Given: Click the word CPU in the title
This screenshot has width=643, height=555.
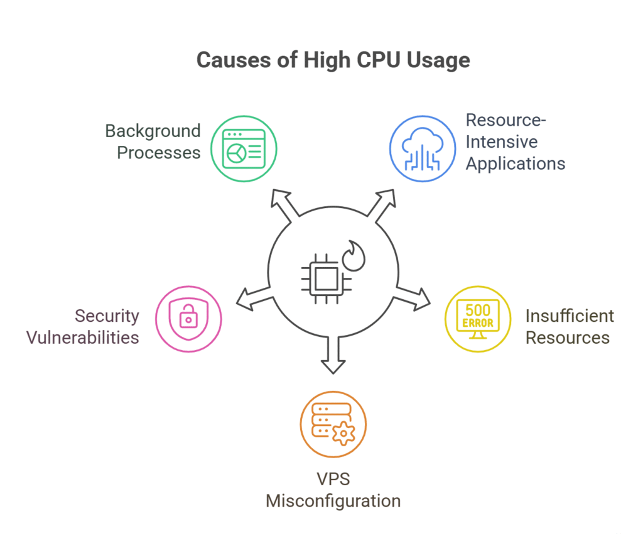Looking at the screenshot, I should (372, 60).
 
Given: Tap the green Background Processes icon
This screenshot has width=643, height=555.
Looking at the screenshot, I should (243, 149).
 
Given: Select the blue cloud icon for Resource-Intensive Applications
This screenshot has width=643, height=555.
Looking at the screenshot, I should (423, 149).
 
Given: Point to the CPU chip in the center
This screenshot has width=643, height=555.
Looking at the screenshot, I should (321, 277).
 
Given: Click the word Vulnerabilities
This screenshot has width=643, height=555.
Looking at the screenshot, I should (82, 338).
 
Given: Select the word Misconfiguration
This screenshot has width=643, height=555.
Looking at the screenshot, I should (333, 501).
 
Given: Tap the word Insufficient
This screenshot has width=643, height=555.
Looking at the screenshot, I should (570, 316).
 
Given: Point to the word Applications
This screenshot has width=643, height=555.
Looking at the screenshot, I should (516, 164).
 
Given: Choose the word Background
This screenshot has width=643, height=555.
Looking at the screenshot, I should (153, 131).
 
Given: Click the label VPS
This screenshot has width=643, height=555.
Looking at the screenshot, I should (333, 479).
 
